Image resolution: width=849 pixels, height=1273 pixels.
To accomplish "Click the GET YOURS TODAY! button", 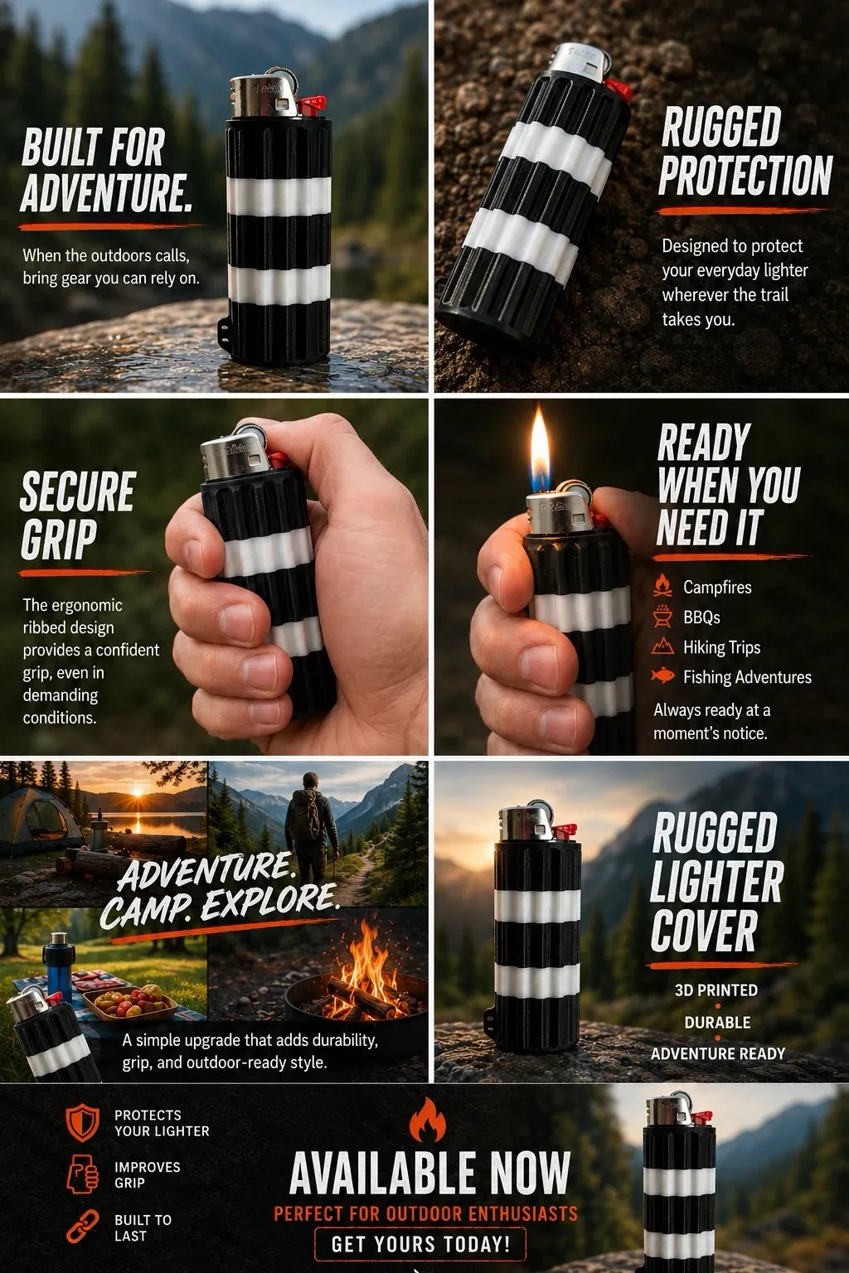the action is click(420, 1244).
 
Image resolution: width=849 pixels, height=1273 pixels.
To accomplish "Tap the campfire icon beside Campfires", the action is click(662, 586).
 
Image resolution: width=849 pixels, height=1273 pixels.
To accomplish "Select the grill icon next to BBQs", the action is click(662, 617).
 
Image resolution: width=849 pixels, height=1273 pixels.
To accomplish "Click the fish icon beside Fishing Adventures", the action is click(663, 675).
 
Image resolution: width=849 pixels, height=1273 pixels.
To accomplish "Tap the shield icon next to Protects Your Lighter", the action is click(82, 1123).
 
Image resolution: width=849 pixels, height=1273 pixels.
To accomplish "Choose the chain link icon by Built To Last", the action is click(82, 1227).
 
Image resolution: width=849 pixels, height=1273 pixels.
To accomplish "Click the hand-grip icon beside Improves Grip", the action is click(83, 1174).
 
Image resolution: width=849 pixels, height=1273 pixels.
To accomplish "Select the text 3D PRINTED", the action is click(716, 990).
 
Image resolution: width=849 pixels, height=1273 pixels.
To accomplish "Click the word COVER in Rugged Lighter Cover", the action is click(704, 931).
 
